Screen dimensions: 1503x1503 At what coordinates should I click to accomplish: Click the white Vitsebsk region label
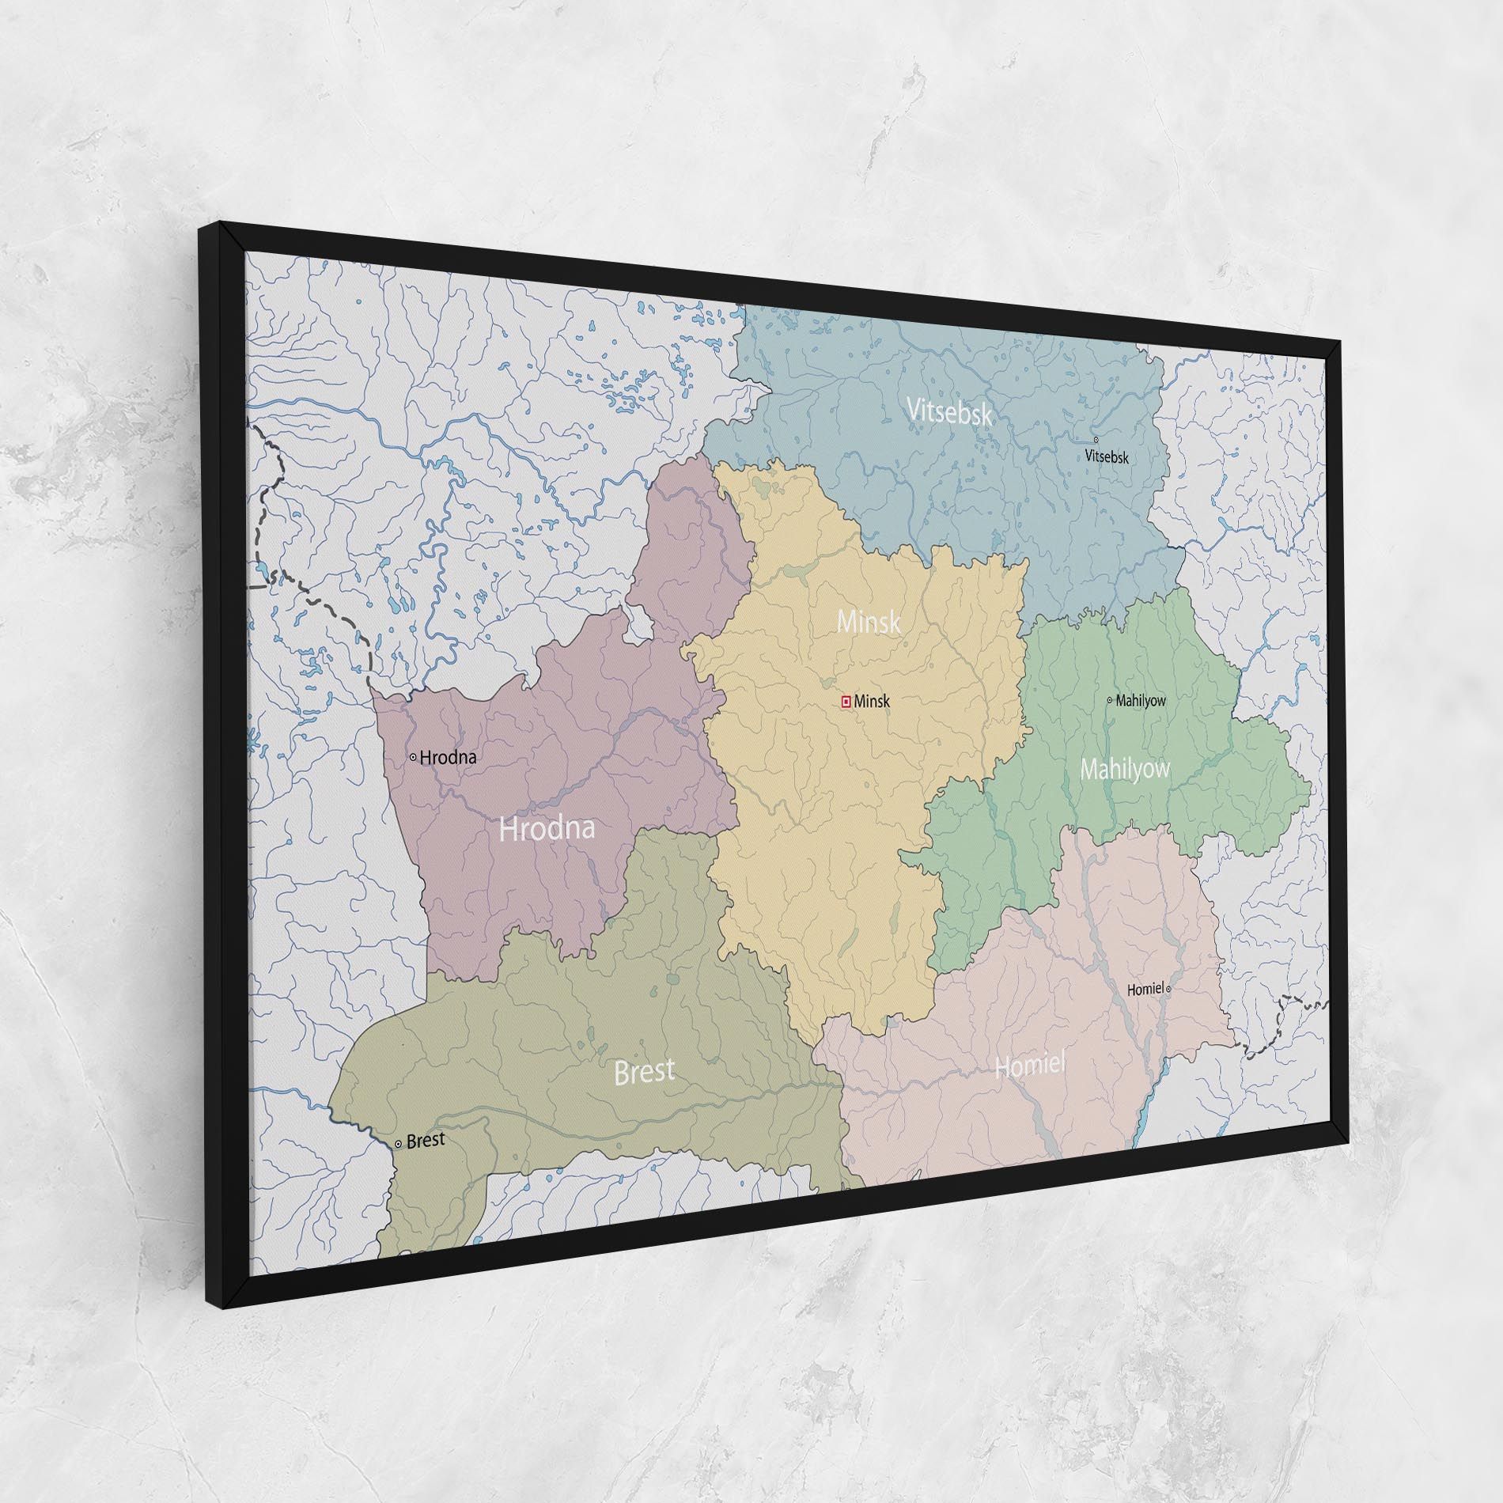pos(948,412)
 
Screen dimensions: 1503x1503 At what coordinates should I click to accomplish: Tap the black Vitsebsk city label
pos(1107,456)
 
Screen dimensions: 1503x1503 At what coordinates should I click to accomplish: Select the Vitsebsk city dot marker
pos(1096,440)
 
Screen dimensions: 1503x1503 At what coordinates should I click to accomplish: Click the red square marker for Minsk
pos(846,701)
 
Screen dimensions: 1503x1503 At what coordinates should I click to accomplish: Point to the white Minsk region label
pos(869,622)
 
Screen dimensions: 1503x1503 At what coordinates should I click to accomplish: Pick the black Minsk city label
pos(873,701)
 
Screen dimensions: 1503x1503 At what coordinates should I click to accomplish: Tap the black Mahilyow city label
pos(1141,700)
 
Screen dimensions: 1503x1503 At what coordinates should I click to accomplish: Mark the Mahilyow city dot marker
pos(1109,699)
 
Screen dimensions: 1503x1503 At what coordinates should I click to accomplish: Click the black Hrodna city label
pos(448,757)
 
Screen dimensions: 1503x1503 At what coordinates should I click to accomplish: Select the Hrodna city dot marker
pos(413,757)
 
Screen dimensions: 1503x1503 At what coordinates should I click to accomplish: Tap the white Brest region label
pos(644,1072)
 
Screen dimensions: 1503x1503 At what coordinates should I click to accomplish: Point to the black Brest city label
pos(426,1141)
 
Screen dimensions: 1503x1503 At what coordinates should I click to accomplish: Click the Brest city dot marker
pos(398,1144)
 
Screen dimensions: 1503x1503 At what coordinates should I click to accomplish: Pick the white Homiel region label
pos(1030,1066)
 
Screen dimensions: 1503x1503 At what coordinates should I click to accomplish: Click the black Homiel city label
pos(1145,989)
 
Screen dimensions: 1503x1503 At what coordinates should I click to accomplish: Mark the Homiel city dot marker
pos(1168,989)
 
